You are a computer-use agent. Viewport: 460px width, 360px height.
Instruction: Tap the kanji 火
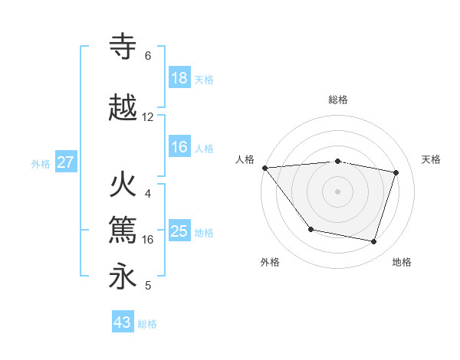click(124, 186)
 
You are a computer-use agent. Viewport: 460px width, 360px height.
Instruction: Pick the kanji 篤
click(124, 229)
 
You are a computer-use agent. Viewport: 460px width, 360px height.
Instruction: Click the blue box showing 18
click(179, 78)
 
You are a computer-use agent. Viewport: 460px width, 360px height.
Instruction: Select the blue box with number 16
click(179, 148)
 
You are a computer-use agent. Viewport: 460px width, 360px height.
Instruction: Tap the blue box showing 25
click(179, 232)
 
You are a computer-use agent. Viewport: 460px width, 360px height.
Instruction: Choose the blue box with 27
click(66, 162)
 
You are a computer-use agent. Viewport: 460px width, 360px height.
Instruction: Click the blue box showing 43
click(123, 322)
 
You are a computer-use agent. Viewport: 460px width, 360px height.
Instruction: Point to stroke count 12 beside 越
click(148, 117)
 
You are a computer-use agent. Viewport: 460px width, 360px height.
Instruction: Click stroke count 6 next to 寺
click(148, 56)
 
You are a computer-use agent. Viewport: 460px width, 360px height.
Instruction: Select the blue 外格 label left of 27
click(41, 163)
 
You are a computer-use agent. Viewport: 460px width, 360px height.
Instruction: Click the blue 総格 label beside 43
click(147, 324)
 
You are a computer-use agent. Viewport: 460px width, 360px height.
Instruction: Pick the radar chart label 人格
click(245, 159)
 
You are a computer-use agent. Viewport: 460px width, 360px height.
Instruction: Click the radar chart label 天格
click(432, 159)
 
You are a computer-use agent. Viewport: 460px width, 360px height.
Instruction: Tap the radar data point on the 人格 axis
click(264, 168)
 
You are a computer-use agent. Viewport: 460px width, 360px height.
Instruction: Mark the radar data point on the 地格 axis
click(374, 242)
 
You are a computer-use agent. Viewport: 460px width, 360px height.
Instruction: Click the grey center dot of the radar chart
click(337, 191)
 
